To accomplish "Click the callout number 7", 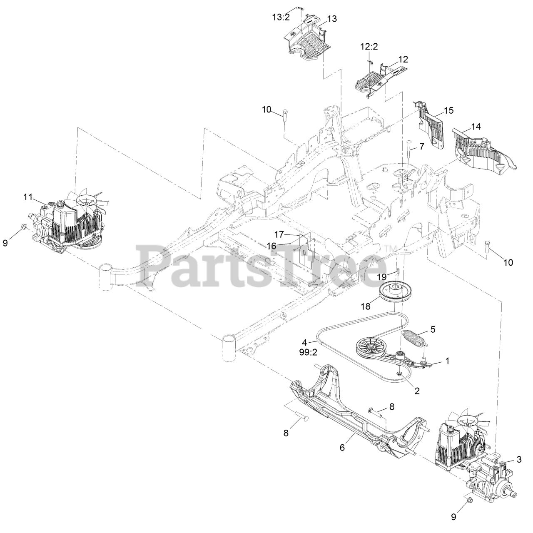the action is (421, 146).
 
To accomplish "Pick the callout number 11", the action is (27, 197).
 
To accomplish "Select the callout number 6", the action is (342, 447).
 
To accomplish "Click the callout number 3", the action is (518, 459).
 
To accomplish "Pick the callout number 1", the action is (448, 361).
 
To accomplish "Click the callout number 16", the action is (271, 246).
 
